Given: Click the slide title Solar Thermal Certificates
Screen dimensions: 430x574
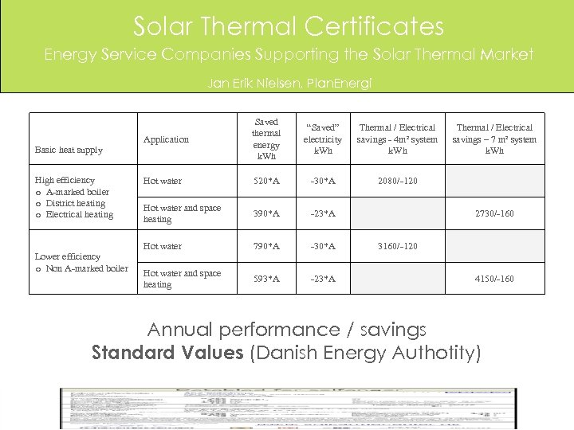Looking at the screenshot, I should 288,26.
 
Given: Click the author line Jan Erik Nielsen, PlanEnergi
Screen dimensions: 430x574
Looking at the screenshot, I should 289,82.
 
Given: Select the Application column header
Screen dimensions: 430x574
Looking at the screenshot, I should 166,139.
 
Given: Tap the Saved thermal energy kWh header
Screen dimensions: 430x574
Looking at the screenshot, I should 265,139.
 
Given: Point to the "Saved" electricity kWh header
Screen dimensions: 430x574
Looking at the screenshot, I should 323,139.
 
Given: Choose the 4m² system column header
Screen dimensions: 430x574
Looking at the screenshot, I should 397,139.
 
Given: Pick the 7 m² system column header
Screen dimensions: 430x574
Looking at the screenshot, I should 494,139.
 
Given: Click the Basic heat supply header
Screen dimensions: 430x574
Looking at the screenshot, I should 69,150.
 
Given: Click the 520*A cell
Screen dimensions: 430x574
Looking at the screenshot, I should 265,181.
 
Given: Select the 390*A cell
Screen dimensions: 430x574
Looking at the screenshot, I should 265,213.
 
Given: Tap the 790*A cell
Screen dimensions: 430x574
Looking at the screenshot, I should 265,246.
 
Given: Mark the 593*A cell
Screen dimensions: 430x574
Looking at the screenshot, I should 265,279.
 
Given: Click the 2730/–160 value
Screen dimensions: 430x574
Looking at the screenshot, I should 494,213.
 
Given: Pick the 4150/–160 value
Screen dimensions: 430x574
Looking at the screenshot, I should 494,279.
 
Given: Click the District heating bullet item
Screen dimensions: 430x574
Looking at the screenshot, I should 76,203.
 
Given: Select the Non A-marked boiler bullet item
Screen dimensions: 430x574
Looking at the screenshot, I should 87,268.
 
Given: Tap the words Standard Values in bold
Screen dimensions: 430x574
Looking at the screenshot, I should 167,353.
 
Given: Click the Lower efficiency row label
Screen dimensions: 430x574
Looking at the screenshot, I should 68,256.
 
